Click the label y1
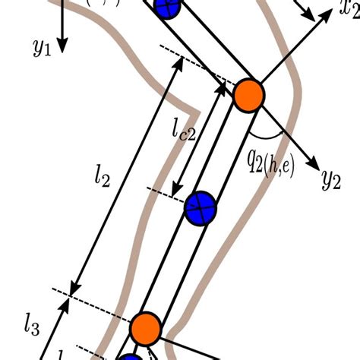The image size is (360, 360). [x=41, y=48]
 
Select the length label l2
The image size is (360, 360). [x=103, y=178]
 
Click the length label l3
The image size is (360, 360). [x=30, y=326]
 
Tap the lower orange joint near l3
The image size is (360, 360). [x=145, y=327]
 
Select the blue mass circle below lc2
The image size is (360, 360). [x=201, y=207]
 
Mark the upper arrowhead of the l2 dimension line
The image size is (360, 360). [x=178, y=63]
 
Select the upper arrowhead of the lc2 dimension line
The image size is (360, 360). [x=222, y=88]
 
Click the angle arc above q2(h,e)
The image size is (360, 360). [x=269, y=136]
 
